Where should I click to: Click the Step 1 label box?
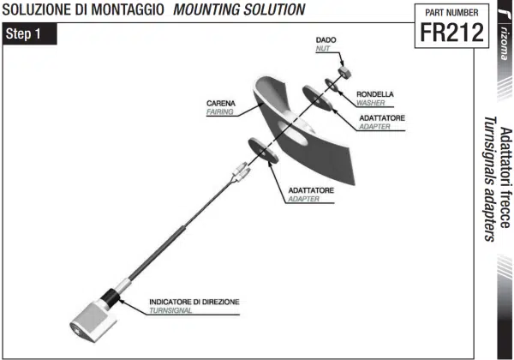coord(31,35)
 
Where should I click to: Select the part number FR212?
coord(447,33)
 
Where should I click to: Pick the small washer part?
coord(331,83)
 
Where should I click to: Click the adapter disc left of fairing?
coord(262,151)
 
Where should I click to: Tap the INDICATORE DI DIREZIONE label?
coord(194,303)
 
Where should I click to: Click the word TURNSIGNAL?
coord(170,311)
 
